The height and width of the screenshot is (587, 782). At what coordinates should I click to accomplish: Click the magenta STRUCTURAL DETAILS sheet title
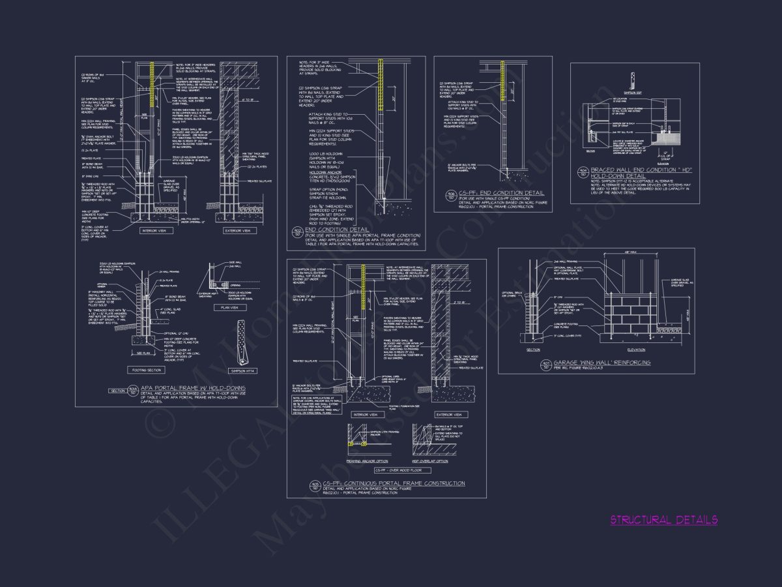pos(664,520)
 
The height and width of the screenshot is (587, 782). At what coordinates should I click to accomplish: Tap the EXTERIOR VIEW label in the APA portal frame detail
pos(238,231)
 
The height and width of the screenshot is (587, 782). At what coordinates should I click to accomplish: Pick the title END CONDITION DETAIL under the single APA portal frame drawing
pos(337,230)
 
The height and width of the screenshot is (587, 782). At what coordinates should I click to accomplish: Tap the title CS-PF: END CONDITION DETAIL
pos(502,193)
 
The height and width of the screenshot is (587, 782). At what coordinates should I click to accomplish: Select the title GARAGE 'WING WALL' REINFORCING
pos(601,362)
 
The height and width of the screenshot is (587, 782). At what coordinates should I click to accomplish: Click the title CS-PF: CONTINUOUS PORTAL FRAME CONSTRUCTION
pos(394,483)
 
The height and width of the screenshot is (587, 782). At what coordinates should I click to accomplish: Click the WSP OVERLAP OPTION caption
pos(430,461)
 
